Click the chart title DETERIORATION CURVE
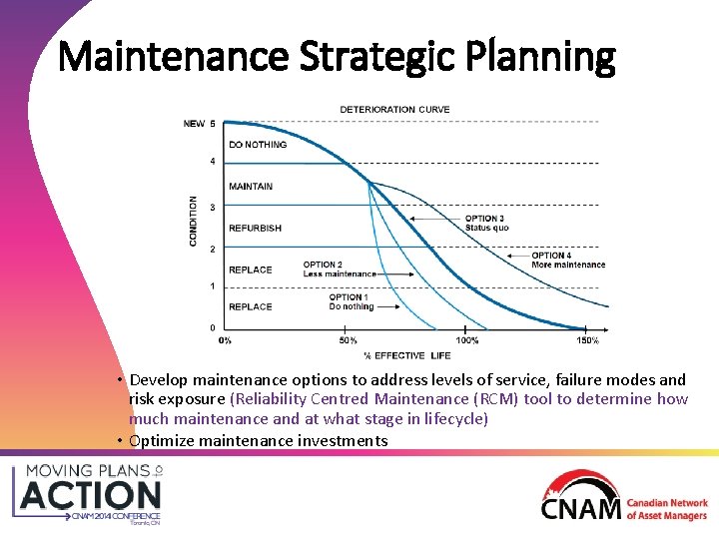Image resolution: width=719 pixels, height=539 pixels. coord(394,109)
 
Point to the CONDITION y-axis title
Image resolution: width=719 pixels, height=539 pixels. coord(194,222)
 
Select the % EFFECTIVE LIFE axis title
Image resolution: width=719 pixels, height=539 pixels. coord(406,355)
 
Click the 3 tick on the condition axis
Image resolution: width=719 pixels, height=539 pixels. coord(211,208)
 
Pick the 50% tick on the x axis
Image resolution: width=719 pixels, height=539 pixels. coord(348,340)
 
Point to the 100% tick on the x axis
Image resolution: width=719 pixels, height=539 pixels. coord(466,340)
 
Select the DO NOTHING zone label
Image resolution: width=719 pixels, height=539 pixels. coord(258,145)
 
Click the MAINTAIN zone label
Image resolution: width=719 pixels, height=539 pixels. coord(251,187)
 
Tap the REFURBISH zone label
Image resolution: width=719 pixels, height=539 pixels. coord(255,229)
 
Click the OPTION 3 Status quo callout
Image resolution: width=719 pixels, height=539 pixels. coord(486,223)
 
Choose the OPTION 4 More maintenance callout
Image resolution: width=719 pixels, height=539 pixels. coord(568,261)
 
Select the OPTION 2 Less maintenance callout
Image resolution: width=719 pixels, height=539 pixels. coord(340,269)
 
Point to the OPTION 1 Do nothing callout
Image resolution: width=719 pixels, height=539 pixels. coord(351,301)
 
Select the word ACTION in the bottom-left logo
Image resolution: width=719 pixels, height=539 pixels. coord(91,495)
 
